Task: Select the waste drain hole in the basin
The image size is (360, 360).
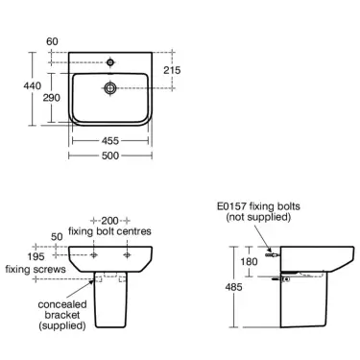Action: coord(114,87)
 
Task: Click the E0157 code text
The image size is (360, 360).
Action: coord(236,206)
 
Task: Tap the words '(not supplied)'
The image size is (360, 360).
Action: coord(255,220)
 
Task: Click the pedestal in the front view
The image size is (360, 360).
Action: coord(113,307)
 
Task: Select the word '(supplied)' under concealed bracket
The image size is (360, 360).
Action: coord(61,326)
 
